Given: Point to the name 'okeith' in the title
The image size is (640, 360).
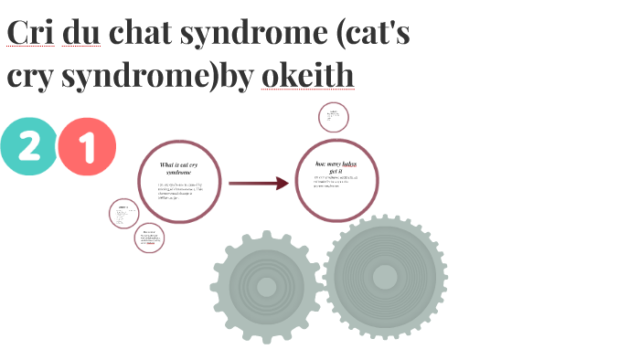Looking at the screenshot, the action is [307, 76].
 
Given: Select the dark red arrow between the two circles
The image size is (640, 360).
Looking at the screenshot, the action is [259, 184].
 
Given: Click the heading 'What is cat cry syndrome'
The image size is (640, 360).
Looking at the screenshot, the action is [179, 168].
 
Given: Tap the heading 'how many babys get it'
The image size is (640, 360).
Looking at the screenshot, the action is [337, 166].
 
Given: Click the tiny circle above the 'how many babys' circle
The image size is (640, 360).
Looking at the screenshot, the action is [334, 118].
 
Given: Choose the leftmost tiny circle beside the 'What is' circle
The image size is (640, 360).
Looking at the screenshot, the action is [123, 215].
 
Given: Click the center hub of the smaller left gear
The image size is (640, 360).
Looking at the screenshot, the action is [266, 287].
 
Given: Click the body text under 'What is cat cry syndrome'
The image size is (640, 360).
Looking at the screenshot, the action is [179, 191].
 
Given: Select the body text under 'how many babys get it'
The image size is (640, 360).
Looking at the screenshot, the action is [337, 181].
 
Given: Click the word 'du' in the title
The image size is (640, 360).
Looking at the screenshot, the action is [82, 33].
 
